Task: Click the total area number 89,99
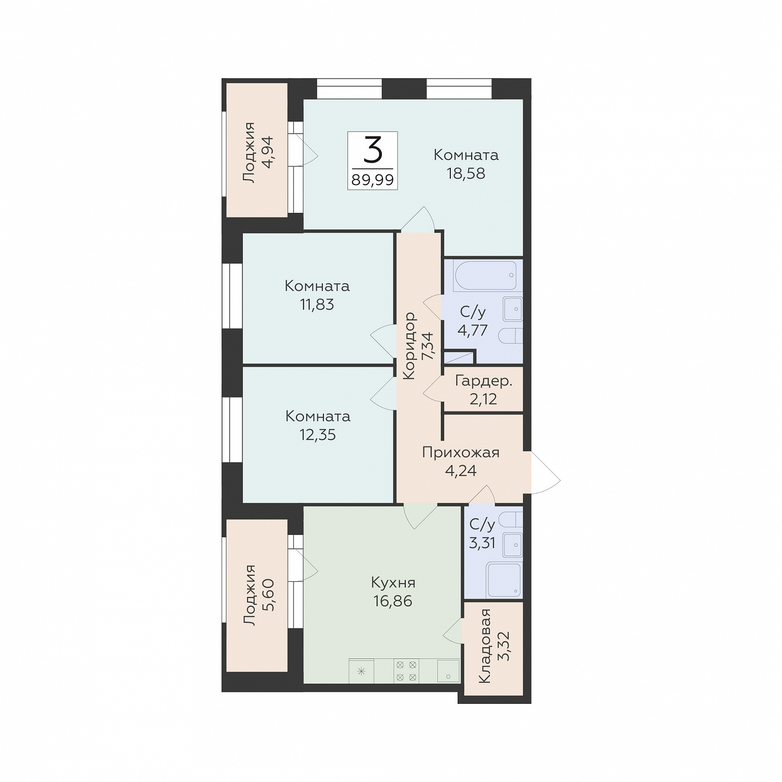pos(373,180)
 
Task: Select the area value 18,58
pos(466,173)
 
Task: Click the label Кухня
pos(393,583)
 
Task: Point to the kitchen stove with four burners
pos(406,671)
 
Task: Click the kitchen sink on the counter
pos(448,671)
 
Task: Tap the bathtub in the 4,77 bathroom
pos(486,276)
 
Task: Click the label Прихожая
pos(461,453)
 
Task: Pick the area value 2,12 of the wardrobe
pos(483,399)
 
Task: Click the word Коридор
pos(409,346)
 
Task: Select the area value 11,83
pos(317,305)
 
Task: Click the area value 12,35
pos(318,434)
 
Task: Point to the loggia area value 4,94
pos(267,152)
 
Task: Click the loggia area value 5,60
pos(267,595)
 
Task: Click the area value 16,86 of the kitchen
pos(393,601)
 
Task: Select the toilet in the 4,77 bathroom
pos(510,336)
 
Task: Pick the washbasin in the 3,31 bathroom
pos(513,545)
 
